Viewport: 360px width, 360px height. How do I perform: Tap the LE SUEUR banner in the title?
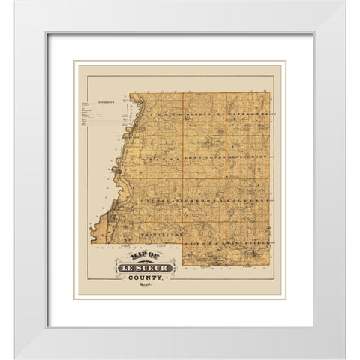[x=143, y=267]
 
